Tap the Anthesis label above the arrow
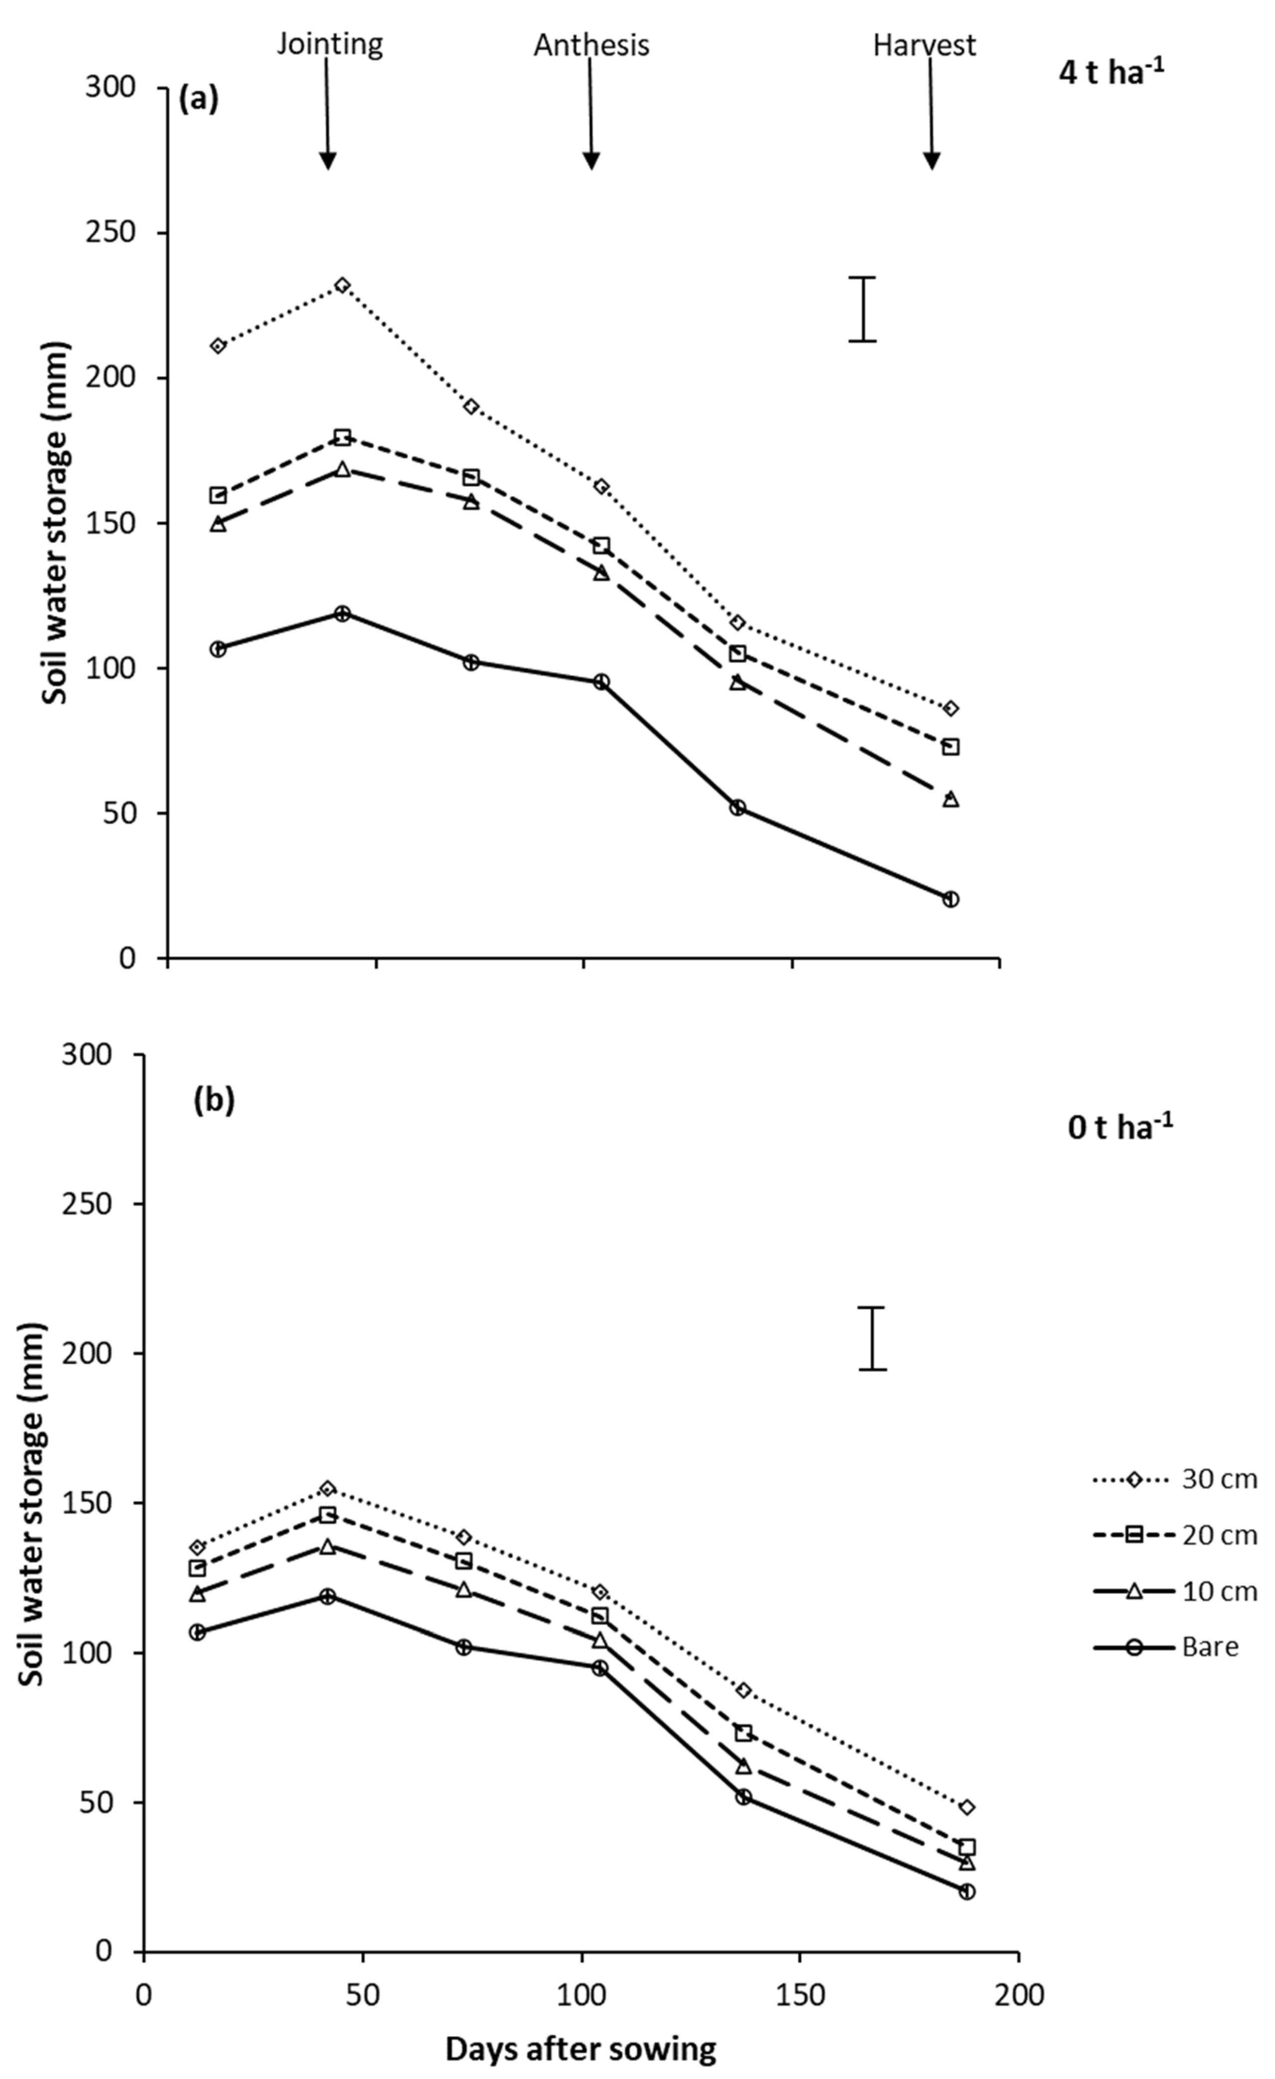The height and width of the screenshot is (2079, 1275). pyautogui.click(x=591, y=45)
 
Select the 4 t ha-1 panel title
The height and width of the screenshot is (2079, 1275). pyautogui.click(x=1111, y=73)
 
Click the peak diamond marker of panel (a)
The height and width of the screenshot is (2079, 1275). pyautogui.click(x=342, y=285)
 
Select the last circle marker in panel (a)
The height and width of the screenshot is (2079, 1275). pyautogui.click(x=951, y=899)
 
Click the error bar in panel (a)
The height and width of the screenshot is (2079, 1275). pyautogui.click(x=861, y=309)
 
